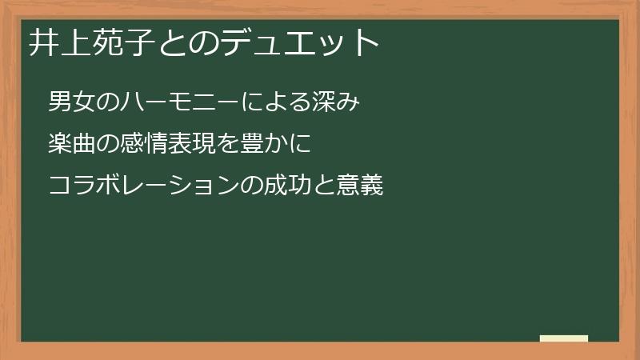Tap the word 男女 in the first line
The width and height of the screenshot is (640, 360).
coord(71,102)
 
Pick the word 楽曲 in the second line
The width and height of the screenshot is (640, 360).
coord(71,145)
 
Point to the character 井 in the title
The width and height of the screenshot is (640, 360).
coord(45,42)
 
